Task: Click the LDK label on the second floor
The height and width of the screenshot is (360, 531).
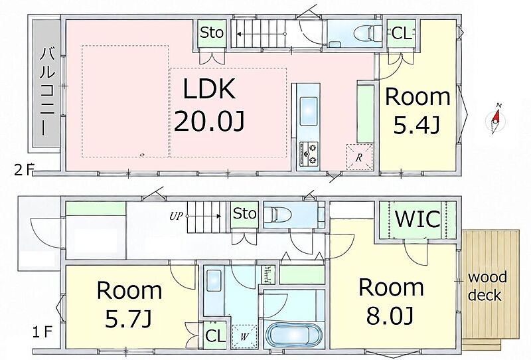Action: click(209, 88)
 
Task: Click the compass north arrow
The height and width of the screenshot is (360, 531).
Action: click(496, 116)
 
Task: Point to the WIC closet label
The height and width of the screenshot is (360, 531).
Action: click(418, 219)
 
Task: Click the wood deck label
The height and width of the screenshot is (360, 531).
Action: click(487, 286)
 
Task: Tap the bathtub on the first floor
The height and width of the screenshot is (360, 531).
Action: click(293, 334)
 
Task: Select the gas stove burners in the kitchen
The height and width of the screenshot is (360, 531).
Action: click(309, 153)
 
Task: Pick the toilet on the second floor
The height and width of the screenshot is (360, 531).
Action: click(368, 33)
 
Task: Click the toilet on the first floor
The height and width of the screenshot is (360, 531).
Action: click(277, 215)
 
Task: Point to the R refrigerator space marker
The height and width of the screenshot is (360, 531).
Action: click(359, 157)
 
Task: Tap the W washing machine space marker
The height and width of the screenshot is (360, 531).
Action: click(244, 337)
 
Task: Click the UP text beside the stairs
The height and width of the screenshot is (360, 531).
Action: click(176, 216)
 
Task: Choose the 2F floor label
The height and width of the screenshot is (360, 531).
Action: click(24, 170)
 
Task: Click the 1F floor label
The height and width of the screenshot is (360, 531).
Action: click(42, 332)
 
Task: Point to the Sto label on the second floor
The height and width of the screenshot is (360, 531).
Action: click(212, 33)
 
